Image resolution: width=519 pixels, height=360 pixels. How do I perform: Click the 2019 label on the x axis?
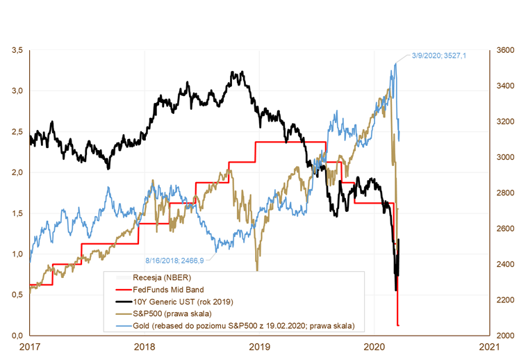(259, 345)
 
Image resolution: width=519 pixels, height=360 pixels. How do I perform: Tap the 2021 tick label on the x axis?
(490, 345)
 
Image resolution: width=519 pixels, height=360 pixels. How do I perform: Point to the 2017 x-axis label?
(29, 345)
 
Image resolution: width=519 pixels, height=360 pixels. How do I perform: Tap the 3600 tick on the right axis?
(504, 51)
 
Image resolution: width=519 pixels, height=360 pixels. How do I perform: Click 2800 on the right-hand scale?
(504, 193)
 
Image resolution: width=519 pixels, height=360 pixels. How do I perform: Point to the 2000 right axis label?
(504, 336)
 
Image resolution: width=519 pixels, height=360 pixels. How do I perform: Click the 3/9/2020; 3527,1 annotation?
(440, 55)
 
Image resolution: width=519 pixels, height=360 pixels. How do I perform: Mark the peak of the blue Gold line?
(395, 63)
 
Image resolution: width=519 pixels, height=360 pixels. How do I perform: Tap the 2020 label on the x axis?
(374, 345)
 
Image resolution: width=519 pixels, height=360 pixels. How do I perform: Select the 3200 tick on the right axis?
(504, 122)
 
